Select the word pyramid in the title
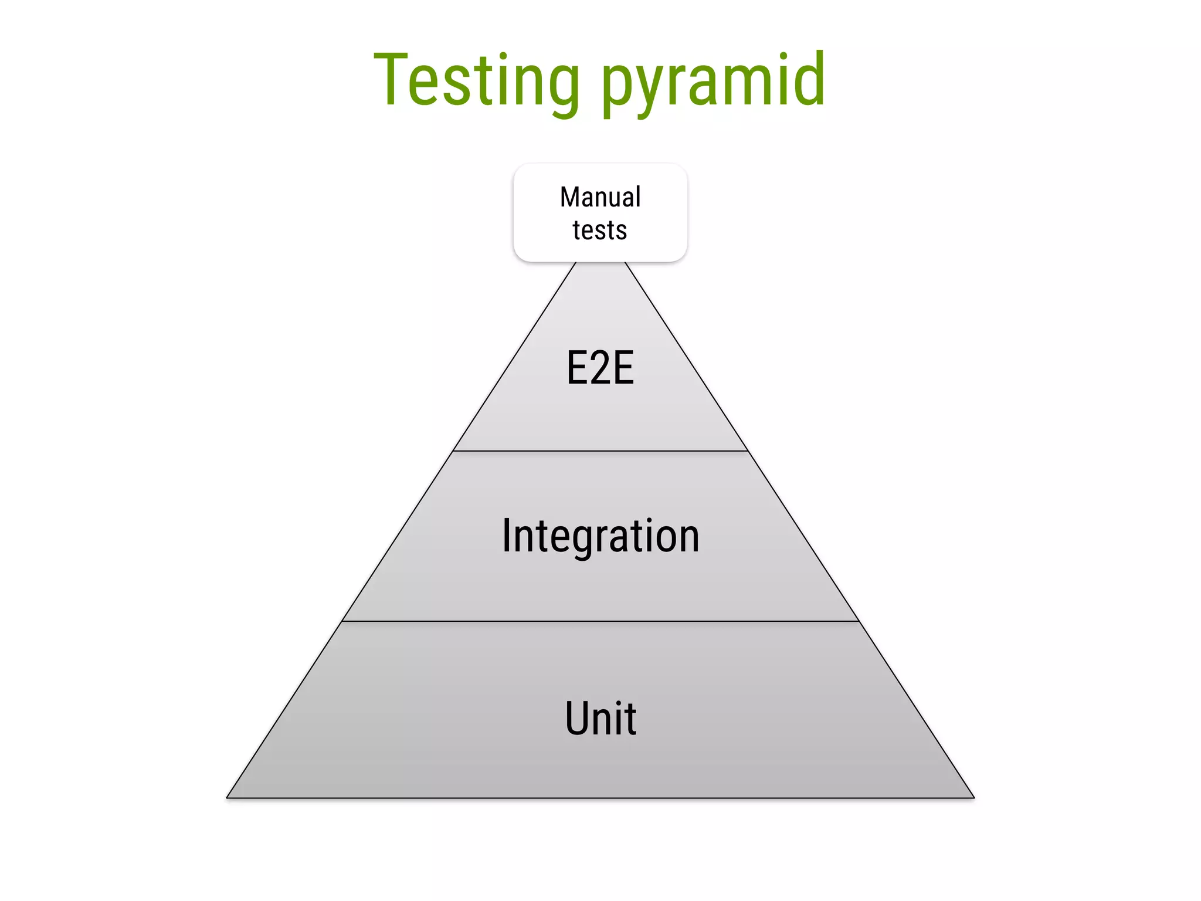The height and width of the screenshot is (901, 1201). [x=713, y=82]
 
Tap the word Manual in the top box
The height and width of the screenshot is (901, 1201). [x=600, y=197]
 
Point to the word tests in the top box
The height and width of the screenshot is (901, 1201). [x=600, y=230]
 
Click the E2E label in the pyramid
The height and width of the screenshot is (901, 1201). [x=600, y=368]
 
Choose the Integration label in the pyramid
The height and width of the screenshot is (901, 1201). [x=600, y=536]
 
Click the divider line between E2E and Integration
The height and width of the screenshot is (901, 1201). [x=600, y=451]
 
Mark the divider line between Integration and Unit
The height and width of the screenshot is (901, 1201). [x=600, y=621]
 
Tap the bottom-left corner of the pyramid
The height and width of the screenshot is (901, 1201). [x=228, y=797]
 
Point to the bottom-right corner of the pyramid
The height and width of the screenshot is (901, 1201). [x=973, y=797]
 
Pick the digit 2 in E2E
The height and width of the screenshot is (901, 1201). [x=600, y=368]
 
